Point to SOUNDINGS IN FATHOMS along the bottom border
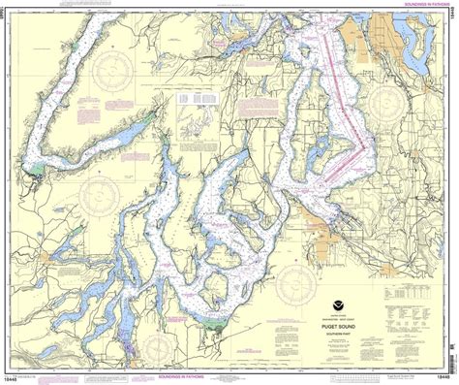194,372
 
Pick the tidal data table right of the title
406,291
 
